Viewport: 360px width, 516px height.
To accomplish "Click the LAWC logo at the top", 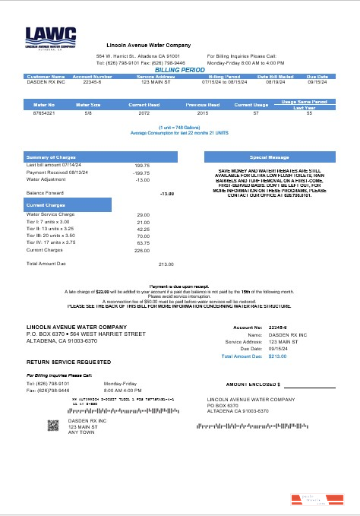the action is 51,38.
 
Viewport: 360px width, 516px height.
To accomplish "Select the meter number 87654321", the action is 46,112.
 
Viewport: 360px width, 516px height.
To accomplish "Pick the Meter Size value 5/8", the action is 90,112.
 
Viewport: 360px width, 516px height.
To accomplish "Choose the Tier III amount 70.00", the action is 143,236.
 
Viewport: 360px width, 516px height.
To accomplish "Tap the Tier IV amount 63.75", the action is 143,242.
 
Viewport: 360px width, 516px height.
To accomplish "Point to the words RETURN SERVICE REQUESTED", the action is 69,362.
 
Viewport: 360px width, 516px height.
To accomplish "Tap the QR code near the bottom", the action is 53,426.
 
